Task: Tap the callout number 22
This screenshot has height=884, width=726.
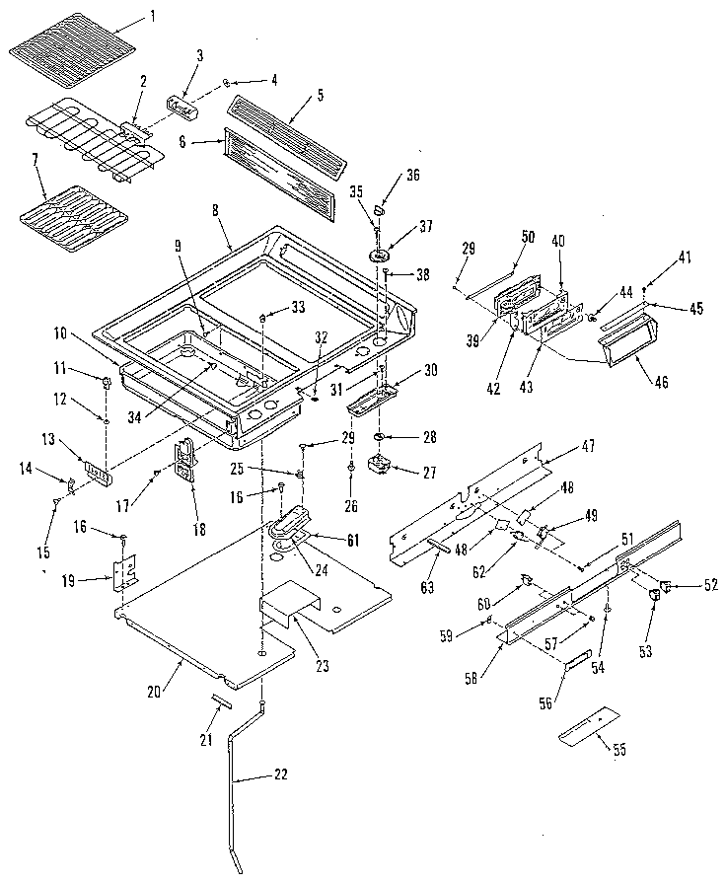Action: click(x=281, y=774)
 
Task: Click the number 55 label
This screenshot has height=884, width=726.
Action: click(x=619, y=750)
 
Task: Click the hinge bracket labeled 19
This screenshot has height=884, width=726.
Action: click(x=123, y=574)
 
